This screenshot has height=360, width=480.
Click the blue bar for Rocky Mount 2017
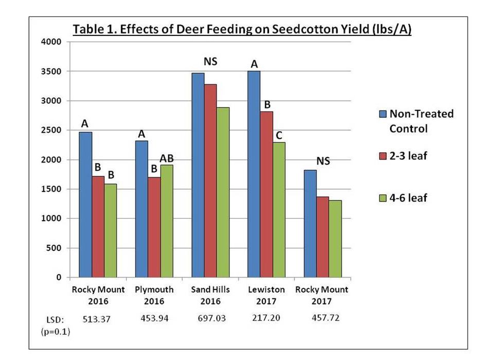click(x=310, y=223)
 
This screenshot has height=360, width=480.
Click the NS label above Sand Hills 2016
click(x=210, y=62)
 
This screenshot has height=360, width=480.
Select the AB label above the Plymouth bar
click(x=167, y=158)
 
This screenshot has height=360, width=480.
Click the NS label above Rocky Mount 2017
click(x=323, y=161)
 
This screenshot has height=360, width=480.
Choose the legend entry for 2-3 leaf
click(x=408, y=156)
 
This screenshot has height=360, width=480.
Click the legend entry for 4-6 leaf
click(x=408, y=197)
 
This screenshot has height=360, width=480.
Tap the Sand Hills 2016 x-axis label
click(x=210, y=295)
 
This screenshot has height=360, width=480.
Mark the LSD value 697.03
click(x=210, y=318)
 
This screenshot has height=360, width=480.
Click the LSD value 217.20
click(x=266, y=318)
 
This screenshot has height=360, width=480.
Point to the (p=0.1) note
click(x=55, y=332)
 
